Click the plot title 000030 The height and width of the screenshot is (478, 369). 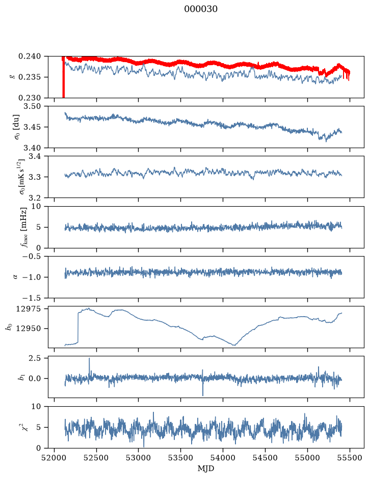200,9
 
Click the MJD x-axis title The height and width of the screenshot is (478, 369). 206,468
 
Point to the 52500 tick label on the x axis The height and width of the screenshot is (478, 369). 96,458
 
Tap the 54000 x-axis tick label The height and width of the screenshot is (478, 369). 223,458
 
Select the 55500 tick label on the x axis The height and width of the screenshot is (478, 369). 350,458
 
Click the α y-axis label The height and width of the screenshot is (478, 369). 15,277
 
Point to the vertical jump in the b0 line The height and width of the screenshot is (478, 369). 78,327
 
